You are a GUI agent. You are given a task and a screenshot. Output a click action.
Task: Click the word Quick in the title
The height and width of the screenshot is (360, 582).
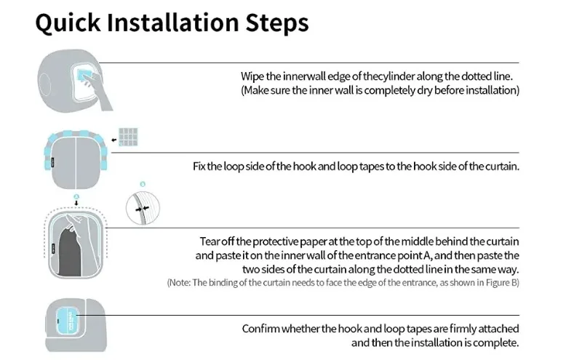tap(68, 23)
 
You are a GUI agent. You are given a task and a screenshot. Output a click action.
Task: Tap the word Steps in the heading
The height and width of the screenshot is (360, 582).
tap(277, 23)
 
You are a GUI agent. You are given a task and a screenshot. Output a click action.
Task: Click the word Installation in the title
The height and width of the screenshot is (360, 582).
tap(173, 23)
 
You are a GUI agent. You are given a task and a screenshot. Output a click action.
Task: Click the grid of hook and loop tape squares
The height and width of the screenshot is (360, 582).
tap(128, 137)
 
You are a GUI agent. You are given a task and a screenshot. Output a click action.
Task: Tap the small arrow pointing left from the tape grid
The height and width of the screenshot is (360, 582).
tap(114, 140)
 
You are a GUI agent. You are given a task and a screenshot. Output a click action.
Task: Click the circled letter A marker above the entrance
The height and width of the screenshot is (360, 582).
tap(76, 196)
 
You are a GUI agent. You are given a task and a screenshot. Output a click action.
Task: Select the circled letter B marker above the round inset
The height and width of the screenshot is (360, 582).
tap(143, 184)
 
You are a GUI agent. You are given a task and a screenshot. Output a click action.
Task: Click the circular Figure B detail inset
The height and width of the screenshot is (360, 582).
tap(143, 208)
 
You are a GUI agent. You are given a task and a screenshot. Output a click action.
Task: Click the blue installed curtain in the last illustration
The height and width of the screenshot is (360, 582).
tap(68, 321)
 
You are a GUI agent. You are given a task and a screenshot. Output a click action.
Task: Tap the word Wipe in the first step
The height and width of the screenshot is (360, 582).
tap(252, 76)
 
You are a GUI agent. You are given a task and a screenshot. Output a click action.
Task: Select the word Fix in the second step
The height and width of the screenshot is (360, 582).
tap(199, 167)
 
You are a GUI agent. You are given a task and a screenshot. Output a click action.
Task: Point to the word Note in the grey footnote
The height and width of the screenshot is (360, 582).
tap(180, 283)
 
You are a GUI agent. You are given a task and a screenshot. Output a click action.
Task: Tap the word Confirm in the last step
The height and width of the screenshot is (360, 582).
tap(260, 329)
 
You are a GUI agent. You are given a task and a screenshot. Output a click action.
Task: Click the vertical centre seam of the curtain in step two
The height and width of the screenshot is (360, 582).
tap(76, 164)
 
